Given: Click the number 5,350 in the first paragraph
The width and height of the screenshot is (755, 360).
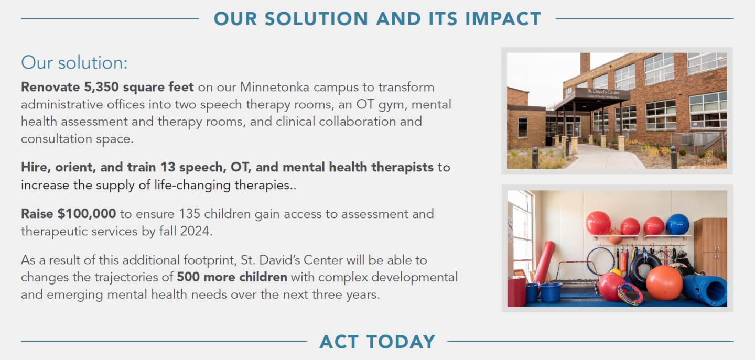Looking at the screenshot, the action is point(101,87).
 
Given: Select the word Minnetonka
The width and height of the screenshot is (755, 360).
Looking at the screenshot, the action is point(275,87).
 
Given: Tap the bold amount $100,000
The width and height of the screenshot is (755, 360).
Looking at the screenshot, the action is point(87,214).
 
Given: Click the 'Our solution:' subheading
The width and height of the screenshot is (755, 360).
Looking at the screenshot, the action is point(74,63).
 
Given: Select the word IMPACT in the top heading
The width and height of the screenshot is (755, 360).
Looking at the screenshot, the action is point(503,18).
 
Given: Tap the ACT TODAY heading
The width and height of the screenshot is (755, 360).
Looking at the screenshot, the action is point(377,342).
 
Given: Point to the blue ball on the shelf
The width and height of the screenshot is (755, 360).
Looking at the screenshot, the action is point(677,224).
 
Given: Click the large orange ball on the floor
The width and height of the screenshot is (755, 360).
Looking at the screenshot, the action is point(664,282).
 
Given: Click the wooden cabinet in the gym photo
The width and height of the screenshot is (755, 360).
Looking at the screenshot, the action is point(710,247).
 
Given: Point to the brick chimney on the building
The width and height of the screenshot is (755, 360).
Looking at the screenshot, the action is point(585,63).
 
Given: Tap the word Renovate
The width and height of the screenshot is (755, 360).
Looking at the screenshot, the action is point(50,87).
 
